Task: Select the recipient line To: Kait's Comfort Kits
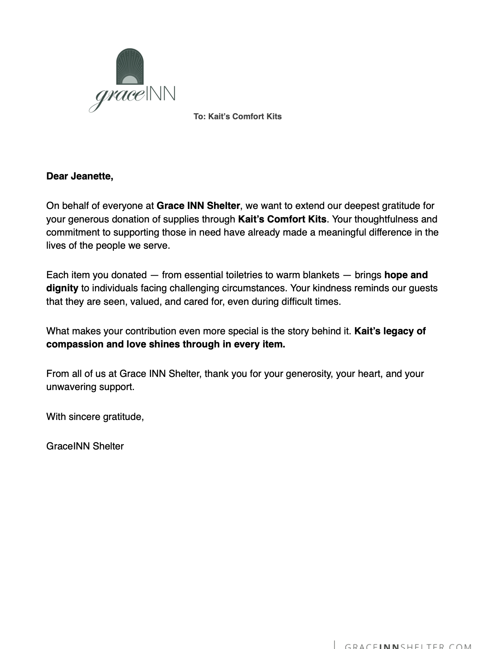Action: [237, 116]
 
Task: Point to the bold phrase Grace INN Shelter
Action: [198, 206]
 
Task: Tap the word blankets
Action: [321, 275]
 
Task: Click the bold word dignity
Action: [62, 288]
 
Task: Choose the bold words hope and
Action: [406, 275]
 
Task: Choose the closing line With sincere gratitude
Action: [95, 417]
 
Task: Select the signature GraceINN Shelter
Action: [85, 446]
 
